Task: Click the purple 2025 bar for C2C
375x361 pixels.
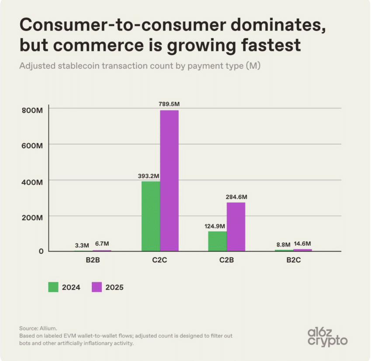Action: (169, 180)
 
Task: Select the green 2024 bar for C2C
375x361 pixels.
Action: (151, 216)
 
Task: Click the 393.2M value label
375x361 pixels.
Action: (149, 176)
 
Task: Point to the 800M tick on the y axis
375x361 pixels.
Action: (32, 110)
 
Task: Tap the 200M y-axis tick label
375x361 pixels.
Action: (32, 217)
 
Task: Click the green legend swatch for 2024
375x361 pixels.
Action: (53, 287)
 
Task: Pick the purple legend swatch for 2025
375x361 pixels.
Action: (97, 287)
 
